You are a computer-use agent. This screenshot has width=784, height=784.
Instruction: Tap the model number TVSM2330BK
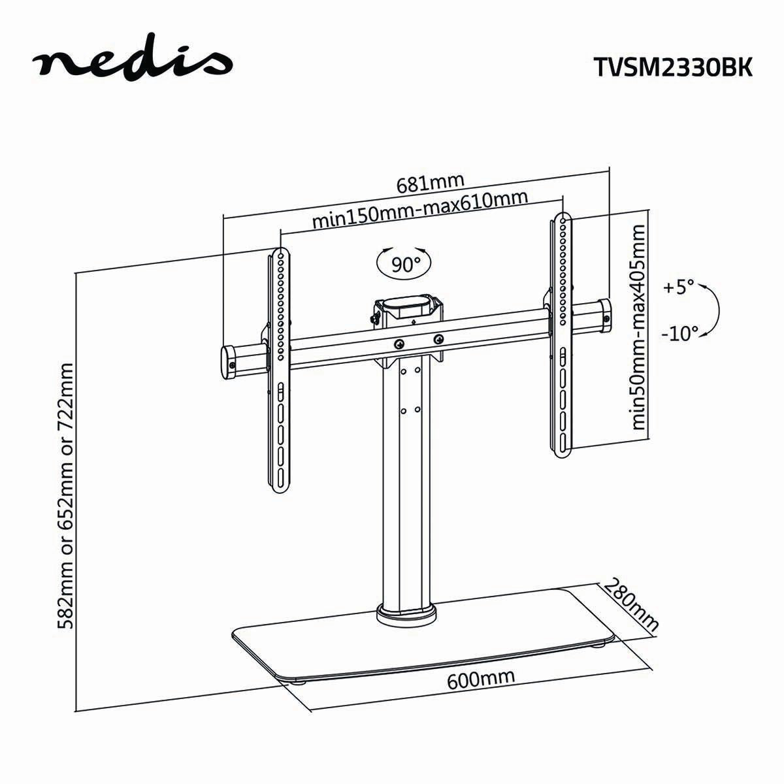pos(673,66)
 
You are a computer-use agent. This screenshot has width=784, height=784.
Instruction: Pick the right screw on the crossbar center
pos(438,338)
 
